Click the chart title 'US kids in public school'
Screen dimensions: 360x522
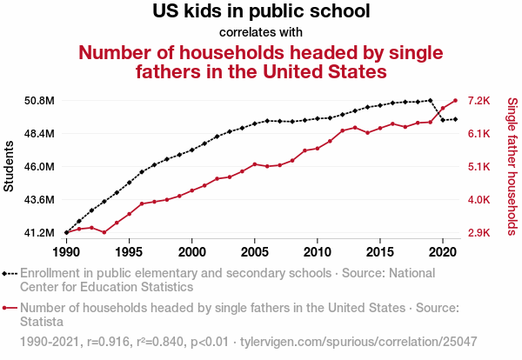(261, 12)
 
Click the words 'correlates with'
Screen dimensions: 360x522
(261, 32)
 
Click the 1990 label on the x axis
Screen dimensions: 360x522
(66, 252)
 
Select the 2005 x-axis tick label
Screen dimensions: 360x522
(254, 252)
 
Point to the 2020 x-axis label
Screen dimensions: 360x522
(443, 252)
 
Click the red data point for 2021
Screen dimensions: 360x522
(455, 100)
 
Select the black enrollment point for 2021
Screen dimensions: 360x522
(455, 119)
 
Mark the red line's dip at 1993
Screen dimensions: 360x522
(104, 232)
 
